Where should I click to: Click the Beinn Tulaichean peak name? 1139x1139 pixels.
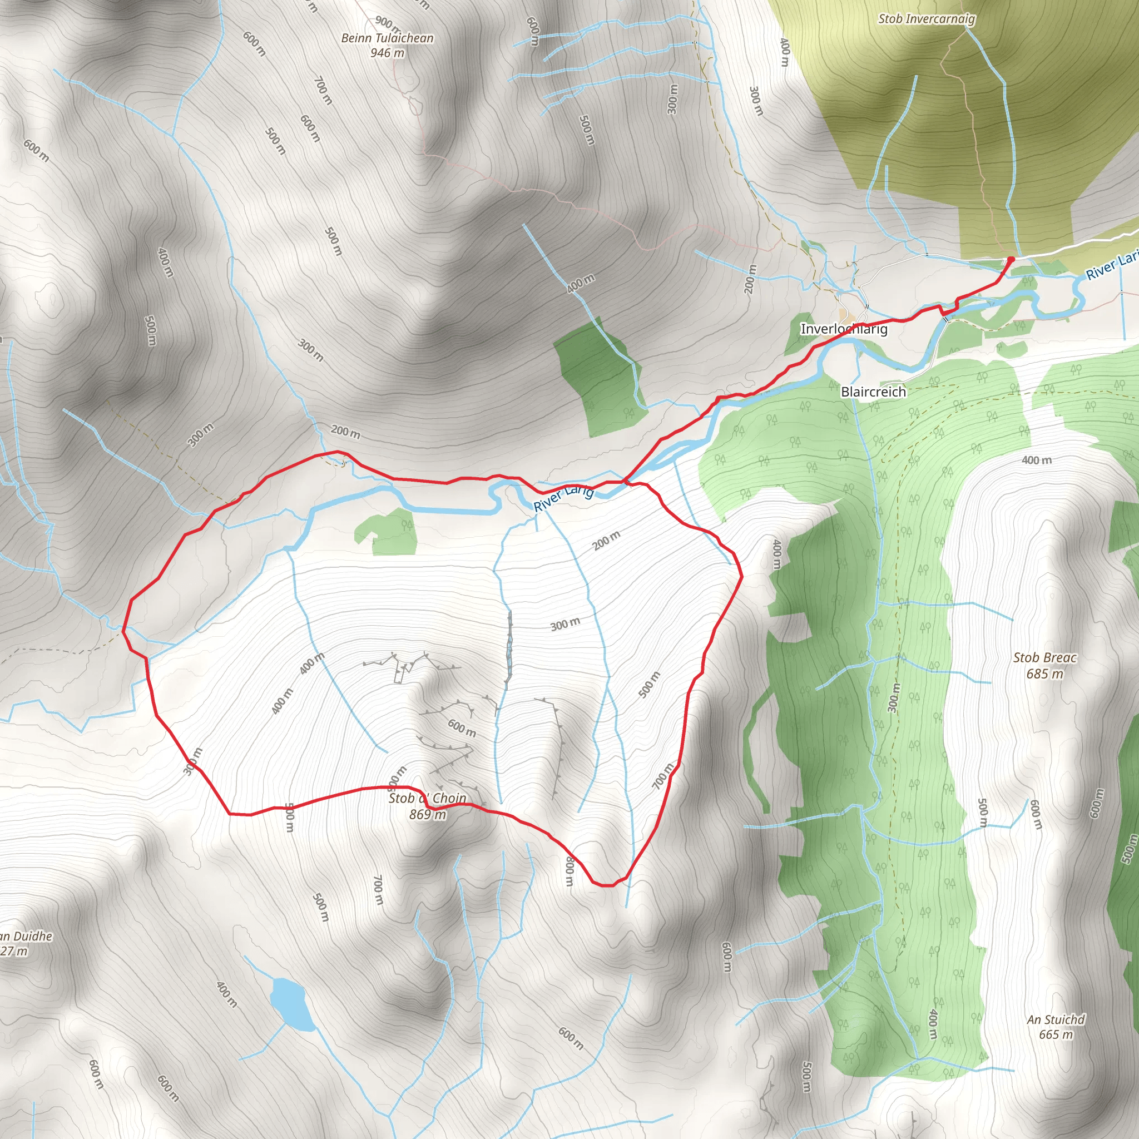click(387, 38)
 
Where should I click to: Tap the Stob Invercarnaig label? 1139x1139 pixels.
click(926, 19)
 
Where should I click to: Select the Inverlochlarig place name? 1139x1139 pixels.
click(844, 329)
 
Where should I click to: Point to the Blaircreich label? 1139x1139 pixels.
click(873, 392)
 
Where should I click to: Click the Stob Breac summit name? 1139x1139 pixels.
click(1044, 658)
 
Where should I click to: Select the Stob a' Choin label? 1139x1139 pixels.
click(428, 798)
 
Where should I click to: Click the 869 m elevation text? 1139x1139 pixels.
click(428, 815)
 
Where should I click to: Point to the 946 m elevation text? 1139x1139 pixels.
click(387, 53)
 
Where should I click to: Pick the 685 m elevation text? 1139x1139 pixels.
click(1044, 674)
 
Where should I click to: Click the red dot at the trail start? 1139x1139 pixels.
click(1011, 259)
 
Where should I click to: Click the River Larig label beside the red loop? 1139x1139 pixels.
click(563, 498)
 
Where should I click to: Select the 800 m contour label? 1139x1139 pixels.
click(569, 871)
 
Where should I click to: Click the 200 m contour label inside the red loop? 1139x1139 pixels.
click(606, 540)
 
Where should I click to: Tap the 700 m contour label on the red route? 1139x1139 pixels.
click(662, 776)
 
